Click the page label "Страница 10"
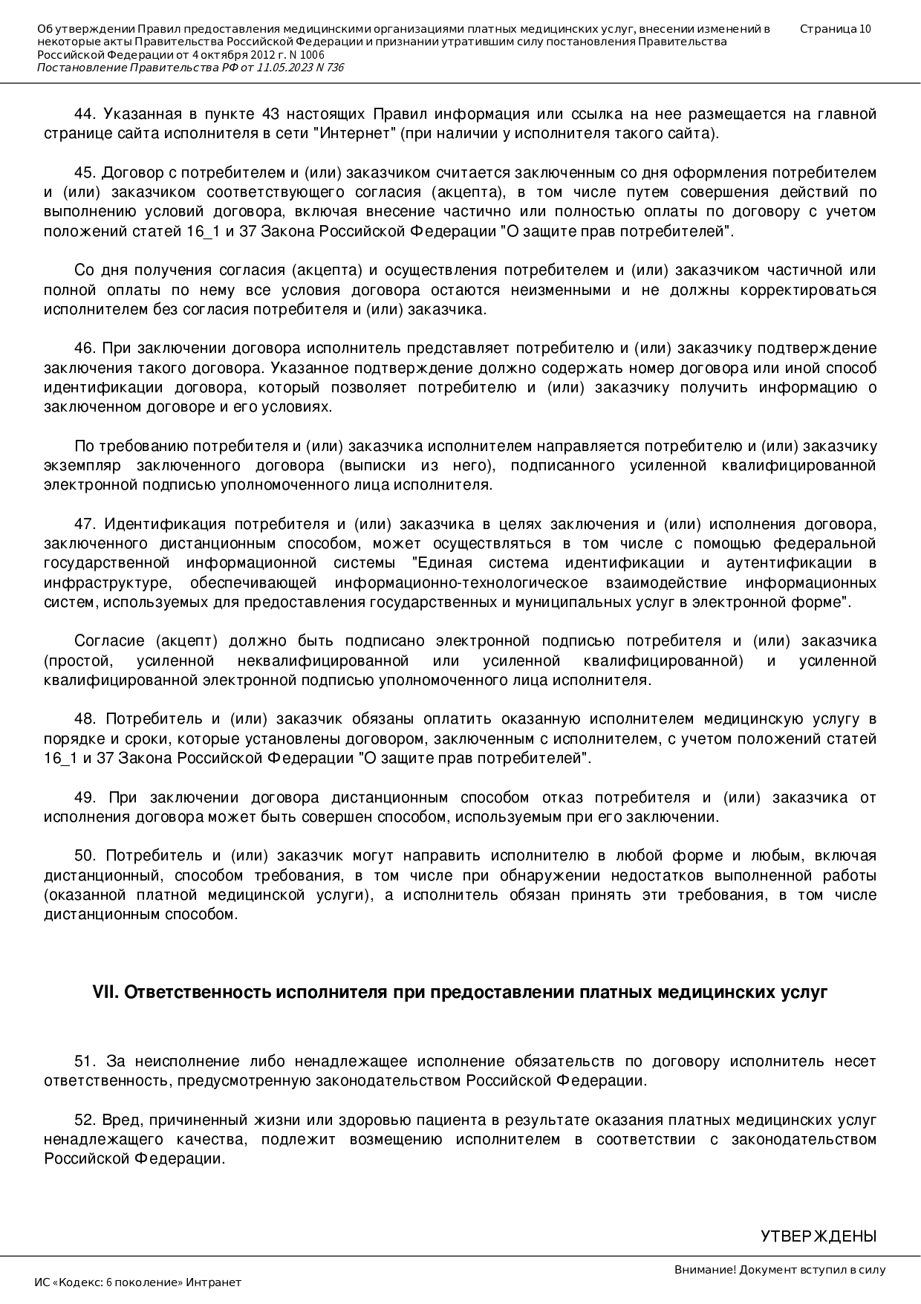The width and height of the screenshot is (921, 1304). [x=836, y=29]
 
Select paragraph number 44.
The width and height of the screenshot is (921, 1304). [x=85, y=114]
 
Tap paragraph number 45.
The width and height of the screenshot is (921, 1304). [x=85, y=173]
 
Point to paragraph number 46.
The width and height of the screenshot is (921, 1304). [x=85, y=348]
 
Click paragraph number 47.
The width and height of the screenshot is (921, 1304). [x=85, y=524]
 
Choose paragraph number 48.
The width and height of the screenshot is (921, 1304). [x=85, y=719]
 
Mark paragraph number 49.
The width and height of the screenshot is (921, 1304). [x=85, y=798]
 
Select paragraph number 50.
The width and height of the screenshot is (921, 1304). [x=85, y=856]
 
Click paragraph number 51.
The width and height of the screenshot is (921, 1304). [x=85, y=1062]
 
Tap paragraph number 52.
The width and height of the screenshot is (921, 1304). [x=85, y=1120]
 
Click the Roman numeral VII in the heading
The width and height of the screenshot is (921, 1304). [x=105, y=993]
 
